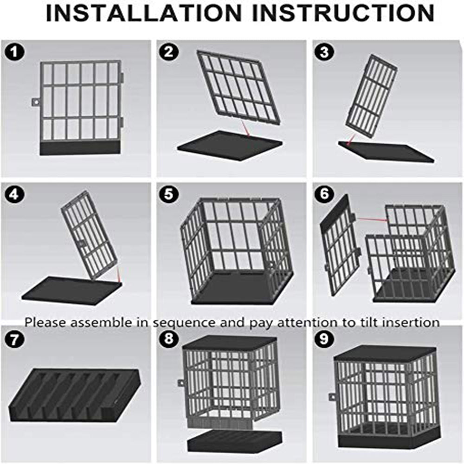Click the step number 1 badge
[x=14, y=52]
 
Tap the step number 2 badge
[x=169, y=52]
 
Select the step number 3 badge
[x=324, y=52]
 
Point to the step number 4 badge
[x=14, y=194]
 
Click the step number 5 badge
[x=169, y=194]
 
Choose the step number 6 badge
[x=324, y=194]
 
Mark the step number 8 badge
[x=169, y=338]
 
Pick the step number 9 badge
[x=324, y=338]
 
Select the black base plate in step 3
[x=386, y=152]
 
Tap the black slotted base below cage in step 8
[x=234, y=441]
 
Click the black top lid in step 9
[x=385, y=354]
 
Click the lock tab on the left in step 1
[x=36, y=102]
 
